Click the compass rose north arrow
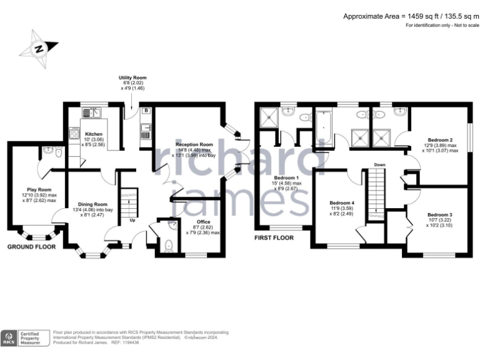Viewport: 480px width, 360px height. pos(39,47)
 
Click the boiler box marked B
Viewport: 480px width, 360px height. pos(146,111)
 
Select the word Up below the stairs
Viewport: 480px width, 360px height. pos(132,220)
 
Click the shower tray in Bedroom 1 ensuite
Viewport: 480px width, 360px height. pos(271,115)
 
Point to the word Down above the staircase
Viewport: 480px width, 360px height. pos(379,165)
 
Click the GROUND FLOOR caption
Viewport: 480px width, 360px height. pos(31,247)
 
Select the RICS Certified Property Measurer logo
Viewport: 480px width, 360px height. pos(25,337)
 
